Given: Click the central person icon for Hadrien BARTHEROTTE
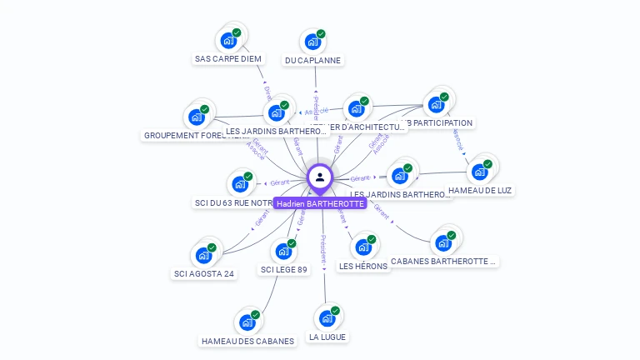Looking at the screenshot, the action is (x=320, y=177).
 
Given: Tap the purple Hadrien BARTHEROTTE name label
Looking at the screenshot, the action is (x=320, y=203).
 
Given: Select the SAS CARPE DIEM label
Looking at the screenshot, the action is (x=228, y=59).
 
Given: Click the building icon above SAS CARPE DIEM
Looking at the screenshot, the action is (x=229, y=39).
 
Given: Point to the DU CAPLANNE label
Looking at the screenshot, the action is (x=313, y=61).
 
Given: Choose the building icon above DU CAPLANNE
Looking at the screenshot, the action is (x=313, y=41).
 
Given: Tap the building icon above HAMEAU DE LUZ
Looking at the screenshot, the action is (x=480, y=171).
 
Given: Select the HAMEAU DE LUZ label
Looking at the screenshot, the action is (x=480, y=190).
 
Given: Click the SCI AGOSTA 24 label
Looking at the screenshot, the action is (x=204, y=273).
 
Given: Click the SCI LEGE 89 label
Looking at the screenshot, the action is (x=284, y=269).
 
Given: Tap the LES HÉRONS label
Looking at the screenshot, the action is (x=363, y=266).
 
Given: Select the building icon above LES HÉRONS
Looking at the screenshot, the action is (x=363, y=247).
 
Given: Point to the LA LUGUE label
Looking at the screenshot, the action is (x=327, y=337).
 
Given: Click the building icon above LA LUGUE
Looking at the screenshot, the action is (x=327, y=317).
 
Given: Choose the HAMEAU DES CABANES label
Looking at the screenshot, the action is (x=247, y=341).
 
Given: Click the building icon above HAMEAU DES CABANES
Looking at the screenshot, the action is (x=247, y=322).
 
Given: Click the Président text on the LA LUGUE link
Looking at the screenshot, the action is (x=323, y=250).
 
